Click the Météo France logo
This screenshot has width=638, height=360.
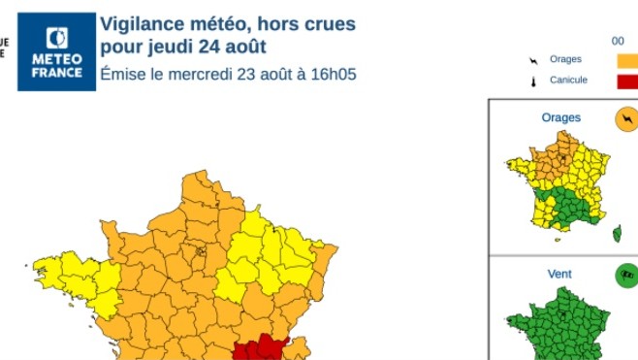pyautogui.click(x=57, y=51)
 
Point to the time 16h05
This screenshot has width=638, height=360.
pyautogui.click(x=335, y=74)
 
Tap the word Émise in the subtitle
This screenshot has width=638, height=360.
pyautogui.click(x=121, y=74)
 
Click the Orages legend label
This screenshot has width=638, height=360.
pyautogui.click(x=565, y=59)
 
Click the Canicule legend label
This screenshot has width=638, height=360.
pyautogui.click(x=568, y=80)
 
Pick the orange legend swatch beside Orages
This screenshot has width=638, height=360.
pyautogui.click(x=627, y=60)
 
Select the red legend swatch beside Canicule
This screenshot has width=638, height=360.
pyautogui.click(x=627, y=81)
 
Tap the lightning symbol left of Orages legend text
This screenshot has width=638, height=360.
pyautogui.click(x=531, y=60)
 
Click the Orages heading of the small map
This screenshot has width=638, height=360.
pyautogui.click(x=560, y=117)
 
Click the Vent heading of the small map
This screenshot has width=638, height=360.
pyautogui.click(x=559, y=274)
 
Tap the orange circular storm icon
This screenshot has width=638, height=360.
pyautogui.click(x=625, y=120)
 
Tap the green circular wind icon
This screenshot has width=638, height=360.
pyautogui.click(x=625, y=277)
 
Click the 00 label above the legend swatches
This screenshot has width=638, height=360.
pyautogui.click(x=618, y=41)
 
